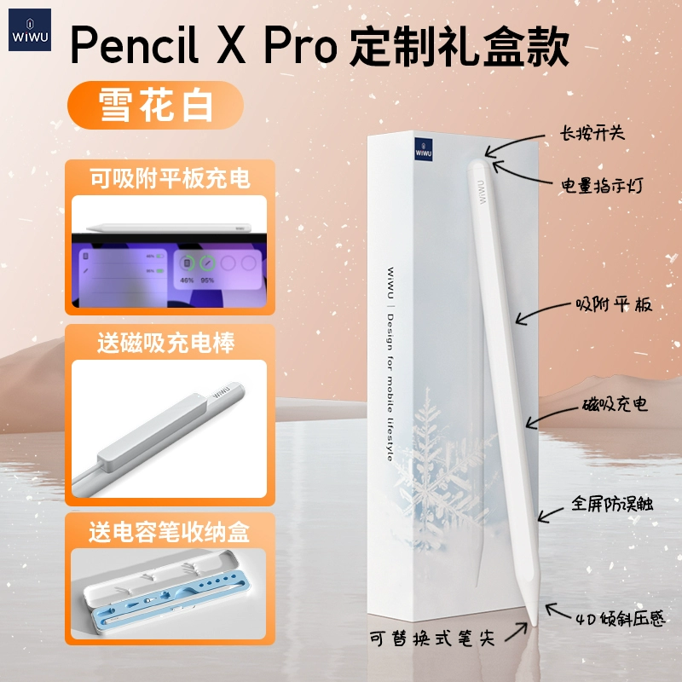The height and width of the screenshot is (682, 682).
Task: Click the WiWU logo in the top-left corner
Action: [30, 30]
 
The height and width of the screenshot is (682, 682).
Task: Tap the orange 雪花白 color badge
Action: [155, 105]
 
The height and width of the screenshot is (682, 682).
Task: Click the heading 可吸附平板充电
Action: [170, 178]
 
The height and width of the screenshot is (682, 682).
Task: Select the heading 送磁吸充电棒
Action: [165, 343]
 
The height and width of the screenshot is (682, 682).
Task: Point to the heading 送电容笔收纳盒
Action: [169, 531]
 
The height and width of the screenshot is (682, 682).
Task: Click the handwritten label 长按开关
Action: [592, 133]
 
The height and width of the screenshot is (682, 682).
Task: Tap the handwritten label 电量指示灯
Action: [602, 185]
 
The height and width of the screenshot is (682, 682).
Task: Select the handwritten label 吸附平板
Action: [614, 304]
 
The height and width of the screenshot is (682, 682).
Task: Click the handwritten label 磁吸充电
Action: [615, 404]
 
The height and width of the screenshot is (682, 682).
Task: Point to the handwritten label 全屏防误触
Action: [612, 504]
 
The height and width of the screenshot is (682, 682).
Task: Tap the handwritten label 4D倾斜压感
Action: [621, 618]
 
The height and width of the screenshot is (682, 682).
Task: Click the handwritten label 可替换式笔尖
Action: [432, 639]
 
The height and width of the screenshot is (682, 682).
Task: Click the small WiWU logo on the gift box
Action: [423, 150]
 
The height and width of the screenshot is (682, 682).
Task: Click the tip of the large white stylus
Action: [535, 626]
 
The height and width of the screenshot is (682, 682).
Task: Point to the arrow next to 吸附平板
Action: [544, 312]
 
